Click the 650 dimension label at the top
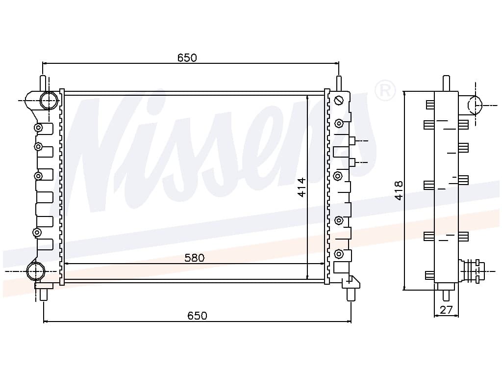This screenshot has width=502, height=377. click(x=187, y=58)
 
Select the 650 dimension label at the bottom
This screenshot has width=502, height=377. click(x=197, y=316)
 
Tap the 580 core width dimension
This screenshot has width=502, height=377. click(x=194, y=258)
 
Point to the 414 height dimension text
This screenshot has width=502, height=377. click(x=301, y=187)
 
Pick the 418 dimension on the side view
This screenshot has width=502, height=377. click(x=399, y=191)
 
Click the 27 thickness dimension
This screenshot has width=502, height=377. click(x=446, y=310)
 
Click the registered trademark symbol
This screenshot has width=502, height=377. click(x=385, y=90)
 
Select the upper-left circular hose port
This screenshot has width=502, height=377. click(x=49, y=100)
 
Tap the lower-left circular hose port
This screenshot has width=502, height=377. click(x=35, y=271)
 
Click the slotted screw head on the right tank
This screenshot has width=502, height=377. click(x=339, y=101)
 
